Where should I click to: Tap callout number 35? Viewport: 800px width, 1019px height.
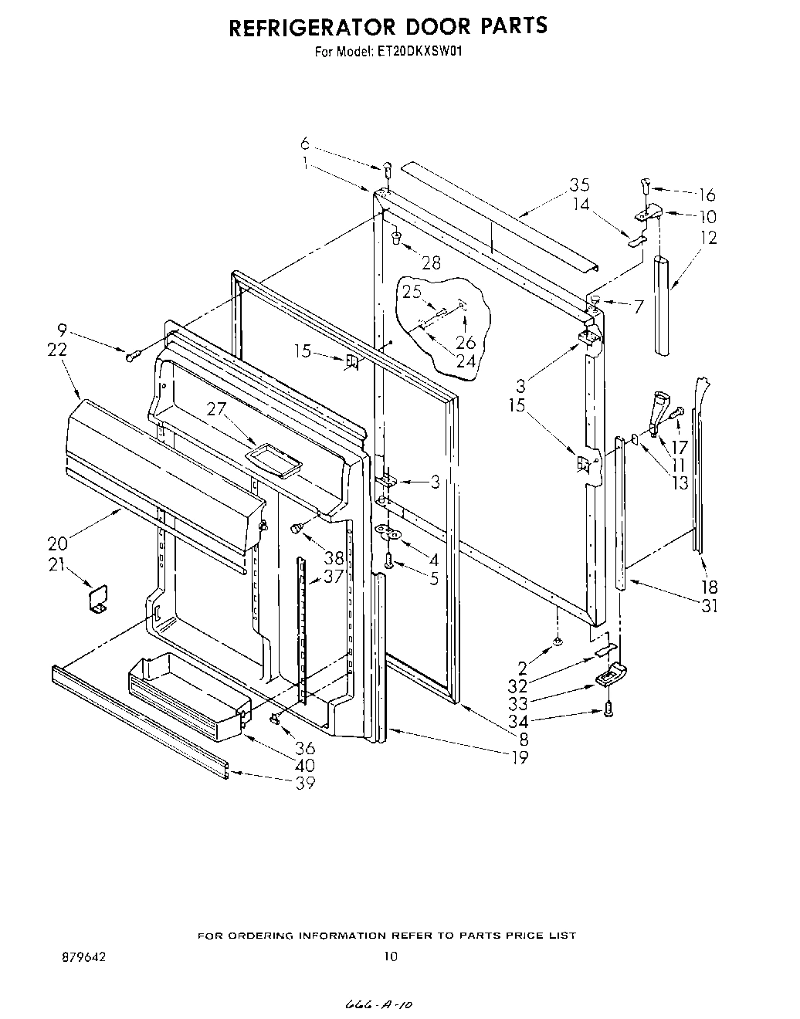579,185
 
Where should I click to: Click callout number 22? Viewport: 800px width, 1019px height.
56,350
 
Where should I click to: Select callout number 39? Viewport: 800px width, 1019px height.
284,783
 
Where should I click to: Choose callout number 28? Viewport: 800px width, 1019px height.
431,263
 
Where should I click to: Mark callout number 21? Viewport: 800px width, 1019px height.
56,564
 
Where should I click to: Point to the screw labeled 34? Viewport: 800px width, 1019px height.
608,708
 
